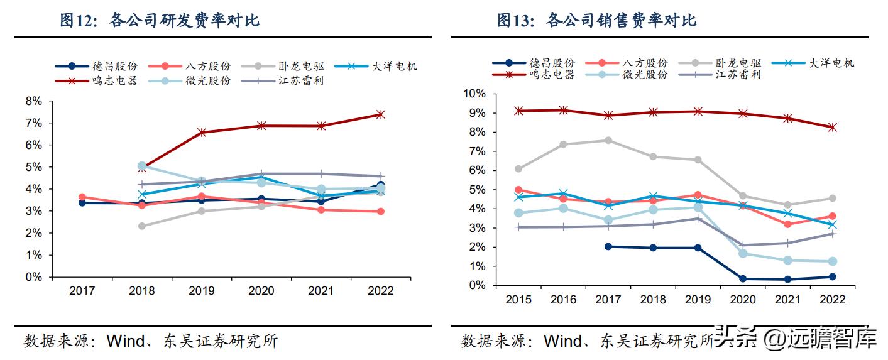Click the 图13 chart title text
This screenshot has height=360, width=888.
(596, 21)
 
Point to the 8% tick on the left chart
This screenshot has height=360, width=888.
(34, 101)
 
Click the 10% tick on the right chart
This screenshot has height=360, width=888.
(474, 94)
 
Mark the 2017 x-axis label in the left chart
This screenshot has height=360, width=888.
(82, 291)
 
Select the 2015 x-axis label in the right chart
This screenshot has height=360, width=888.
(518, 300)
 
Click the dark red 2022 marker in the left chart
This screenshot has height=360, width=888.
(380, 114)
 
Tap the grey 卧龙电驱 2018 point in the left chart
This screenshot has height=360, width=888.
(142, 226)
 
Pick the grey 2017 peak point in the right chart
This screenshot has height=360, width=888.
(608, 140)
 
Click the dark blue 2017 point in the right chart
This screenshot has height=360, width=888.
(608, 246)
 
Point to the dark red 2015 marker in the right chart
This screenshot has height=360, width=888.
(518, 111)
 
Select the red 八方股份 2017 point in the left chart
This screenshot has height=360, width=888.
(82, 197)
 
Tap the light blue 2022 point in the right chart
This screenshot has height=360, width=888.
(832, 261)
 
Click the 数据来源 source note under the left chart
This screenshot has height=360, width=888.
(151, 341)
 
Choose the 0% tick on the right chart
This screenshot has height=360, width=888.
(477, 285)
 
